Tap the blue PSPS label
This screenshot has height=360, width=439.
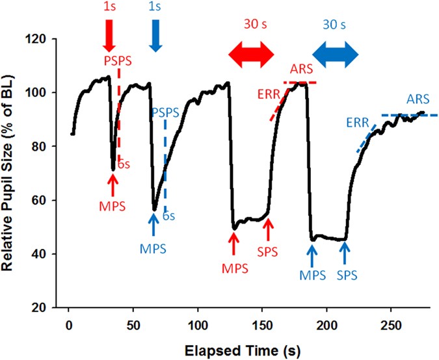[165, 112]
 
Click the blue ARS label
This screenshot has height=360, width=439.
[417, 99]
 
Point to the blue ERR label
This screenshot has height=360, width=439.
[358, 122]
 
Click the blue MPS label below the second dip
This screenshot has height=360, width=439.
[153, 248]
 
